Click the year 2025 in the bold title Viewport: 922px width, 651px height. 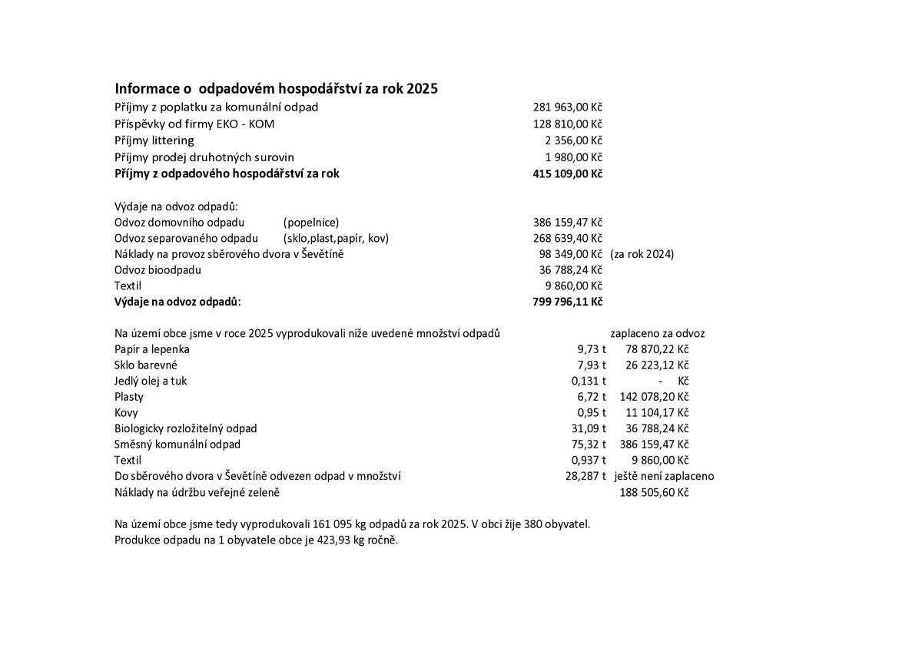[422, 88]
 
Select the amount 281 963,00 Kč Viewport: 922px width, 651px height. [567, 107]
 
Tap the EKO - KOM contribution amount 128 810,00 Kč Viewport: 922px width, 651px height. [567, 124]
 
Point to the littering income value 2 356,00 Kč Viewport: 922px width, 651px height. [573, 140]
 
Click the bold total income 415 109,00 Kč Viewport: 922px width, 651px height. [567, 173]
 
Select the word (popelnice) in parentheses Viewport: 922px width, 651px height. [311, 222]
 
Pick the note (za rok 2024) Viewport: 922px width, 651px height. [642, 254]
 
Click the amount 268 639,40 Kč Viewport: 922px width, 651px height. [567, 238]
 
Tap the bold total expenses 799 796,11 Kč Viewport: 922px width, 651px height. [567, 302]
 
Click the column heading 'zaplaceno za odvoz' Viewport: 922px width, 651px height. [657, 333]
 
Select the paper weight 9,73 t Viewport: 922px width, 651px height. [592, 349]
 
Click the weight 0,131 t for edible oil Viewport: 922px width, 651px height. [589, 381]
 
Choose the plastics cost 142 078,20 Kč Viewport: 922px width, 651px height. [653, 397]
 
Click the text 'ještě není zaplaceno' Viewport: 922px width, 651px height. [665, 476]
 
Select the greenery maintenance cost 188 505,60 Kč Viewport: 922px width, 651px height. [654, 492]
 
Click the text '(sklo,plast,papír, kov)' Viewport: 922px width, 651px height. [336, 238]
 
